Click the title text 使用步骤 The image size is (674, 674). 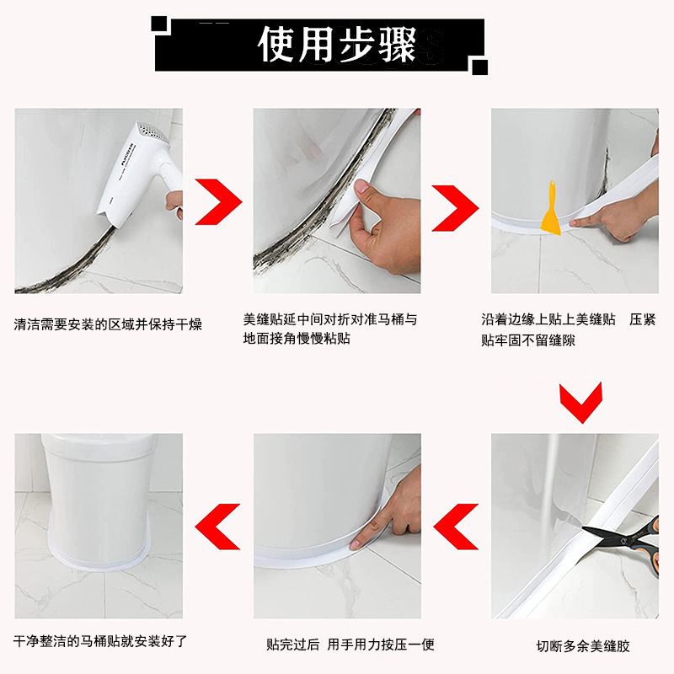[337, 44]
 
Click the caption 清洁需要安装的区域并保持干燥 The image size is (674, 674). [108, 324]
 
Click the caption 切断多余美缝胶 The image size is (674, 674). [582, 646]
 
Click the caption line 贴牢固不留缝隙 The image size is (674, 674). [528, 340]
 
